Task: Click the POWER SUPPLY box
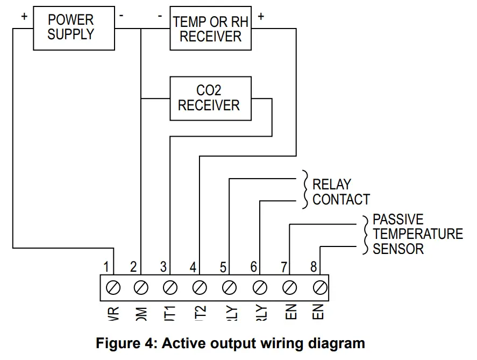click(70, 27)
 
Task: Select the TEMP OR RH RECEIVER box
click(210, 29)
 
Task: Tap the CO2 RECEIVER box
click(210, 98)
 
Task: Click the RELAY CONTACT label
click(341, 192)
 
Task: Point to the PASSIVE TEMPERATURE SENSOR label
click(417, 234)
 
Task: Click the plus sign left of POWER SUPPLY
click(24, 16)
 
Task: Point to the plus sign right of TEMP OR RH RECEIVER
click(261, 16)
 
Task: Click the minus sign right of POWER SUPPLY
click(122, 16)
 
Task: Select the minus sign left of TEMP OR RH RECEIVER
click(160, 16)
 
